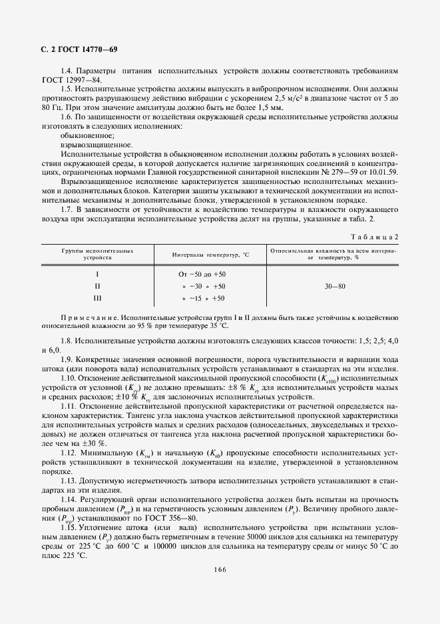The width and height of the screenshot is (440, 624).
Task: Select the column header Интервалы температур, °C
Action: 210,255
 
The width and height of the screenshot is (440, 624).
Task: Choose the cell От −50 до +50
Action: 202,274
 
